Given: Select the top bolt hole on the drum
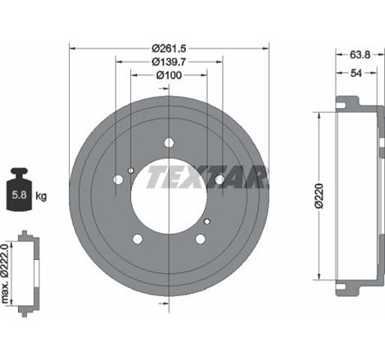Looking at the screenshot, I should pyautogui.click(x=169, y=142).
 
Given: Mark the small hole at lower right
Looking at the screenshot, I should pyautogui.click(x=208, y=221).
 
